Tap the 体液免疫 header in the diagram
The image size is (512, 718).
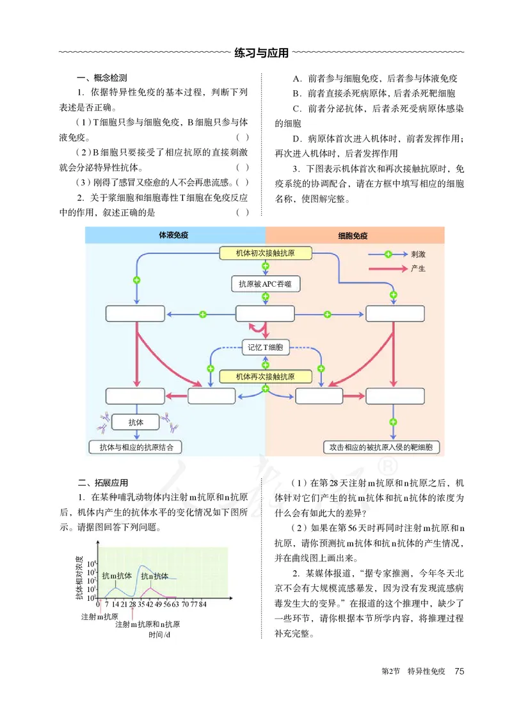coord(175,235)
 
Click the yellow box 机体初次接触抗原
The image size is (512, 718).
coord(266,253)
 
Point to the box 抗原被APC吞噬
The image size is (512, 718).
coord(266,283)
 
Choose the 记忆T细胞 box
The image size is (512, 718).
coord(265,348)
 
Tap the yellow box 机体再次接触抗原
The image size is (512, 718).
coord(266,376)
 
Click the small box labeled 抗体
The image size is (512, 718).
coord(136,422)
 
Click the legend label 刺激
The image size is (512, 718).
coord(419,254)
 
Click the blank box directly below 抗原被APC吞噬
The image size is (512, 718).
coord(265,314)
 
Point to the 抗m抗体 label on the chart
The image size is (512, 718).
coord(116,576)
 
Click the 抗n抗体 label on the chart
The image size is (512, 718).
coord(155,576)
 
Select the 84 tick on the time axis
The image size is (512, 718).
coord(202,603)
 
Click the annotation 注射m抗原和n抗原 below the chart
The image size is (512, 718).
coord(147,624)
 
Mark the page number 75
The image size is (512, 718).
coord(458,671)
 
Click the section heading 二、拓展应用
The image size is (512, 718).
coord(102,483)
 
